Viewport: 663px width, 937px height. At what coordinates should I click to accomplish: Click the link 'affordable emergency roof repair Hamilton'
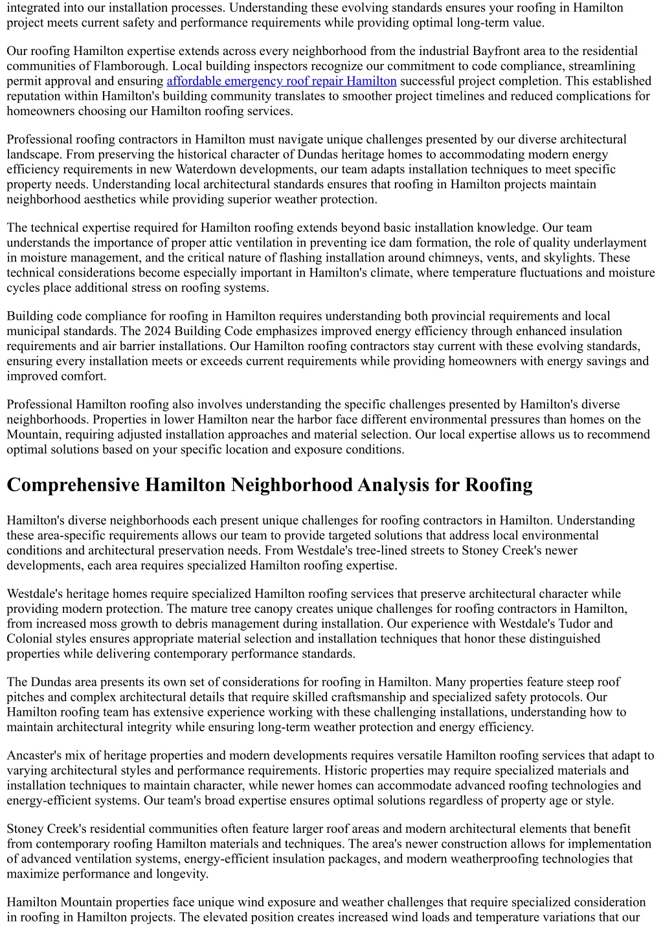(282, 81)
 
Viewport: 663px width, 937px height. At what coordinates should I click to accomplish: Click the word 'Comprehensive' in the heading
(73, 485)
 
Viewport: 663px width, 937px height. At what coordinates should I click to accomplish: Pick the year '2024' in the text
(135, 331)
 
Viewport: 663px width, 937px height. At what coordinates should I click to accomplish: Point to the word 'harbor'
(317, 419)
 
